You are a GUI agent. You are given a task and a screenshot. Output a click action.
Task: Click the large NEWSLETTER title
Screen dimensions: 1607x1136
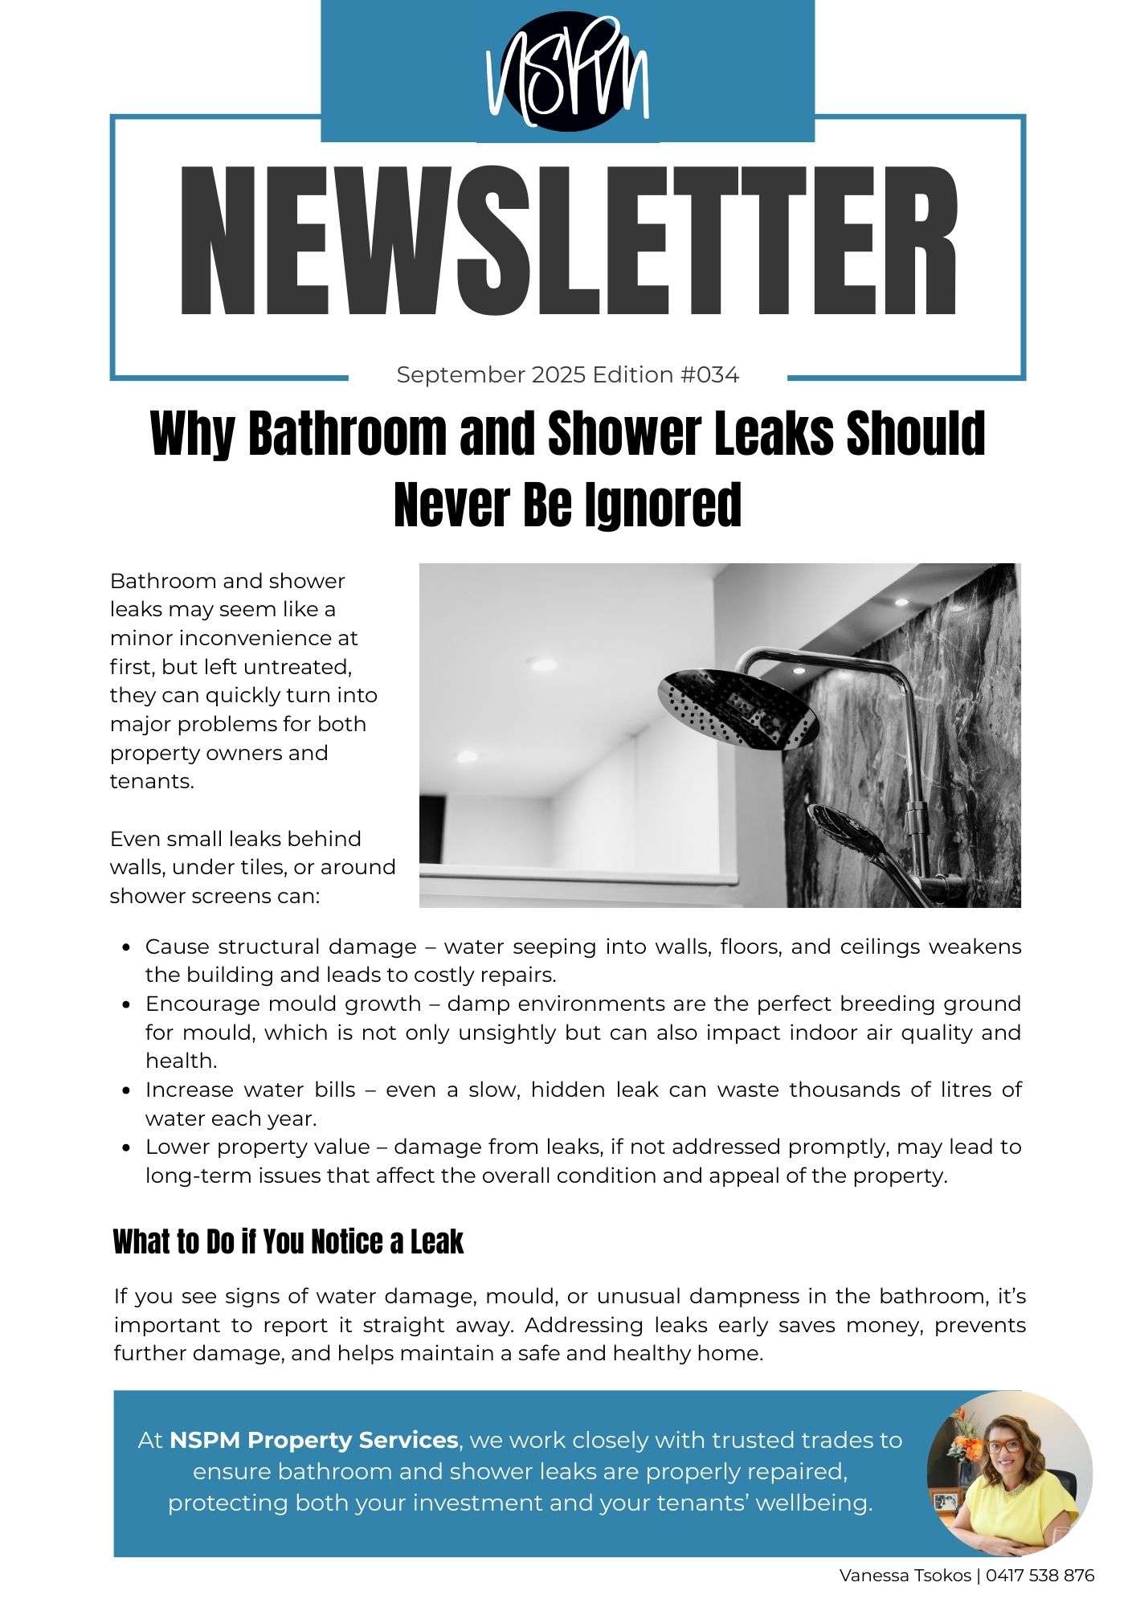pos(567,241)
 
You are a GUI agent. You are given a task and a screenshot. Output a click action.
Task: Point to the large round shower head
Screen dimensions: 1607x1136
pos(738,707)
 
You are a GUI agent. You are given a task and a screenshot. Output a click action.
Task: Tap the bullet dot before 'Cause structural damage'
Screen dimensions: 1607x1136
pos(126,947)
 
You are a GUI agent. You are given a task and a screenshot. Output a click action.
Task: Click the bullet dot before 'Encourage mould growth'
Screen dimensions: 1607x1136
pos(126,1004)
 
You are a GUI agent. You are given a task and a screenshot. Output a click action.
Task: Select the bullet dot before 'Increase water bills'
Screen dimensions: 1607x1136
pos(126,1090)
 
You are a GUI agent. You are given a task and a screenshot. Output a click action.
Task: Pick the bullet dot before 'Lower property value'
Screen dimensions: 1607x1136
pos(126,1147)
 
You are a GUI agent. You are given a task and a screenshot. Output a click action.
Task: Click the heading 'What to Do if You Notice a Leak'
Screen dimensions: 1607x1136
pos(288,1242)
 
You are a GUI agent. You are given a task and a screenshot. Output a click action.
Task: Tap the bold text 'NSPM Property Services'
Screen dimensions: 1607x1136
pos(313,1440)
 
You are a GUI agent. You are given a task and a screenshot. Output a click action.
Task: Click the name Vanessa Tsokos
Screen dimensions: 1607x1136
pos(905,1576)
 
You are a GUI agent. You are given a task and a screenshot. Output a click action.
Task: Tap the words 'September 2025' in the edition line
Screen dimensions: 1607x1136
pos(491,375)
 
